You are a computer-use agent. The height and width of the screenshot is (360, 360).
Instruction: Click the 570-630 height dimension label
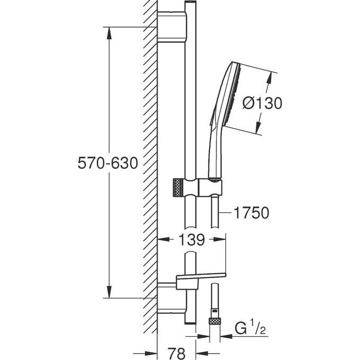pyautogui.click(x=107, y=163)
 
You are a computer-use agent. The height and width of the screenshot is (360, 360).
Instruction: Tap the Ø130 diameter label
pyautogui.click(x=262, y=103)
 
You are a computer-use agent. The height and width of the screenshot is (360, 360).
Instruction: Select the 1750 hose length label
pyautogui.click(x=251, y=212)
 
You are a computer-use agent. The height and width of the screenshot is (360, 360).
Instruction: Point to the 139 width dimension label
pyautogui.click(x=192, y=239)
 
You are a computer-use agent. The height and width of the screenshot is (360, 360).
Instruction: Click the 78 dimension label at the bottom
pyautogui.click(x=176, y=353)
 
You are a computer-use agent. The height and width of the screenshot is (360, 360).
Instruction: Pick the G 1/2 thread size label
pyautogui.click(x=250, y=329)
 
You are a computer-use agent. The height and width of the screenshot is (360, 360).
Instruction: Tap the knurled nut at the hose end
pyautogui.click(x=215, y=321)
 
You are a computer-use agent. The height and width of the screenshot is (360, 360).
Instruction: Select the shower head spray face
pyautogui.click(x=233, y=94)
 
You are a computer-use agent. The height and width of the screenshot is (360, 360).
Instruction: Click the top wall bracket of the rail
pyautogui.click(x=172, y=27)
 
